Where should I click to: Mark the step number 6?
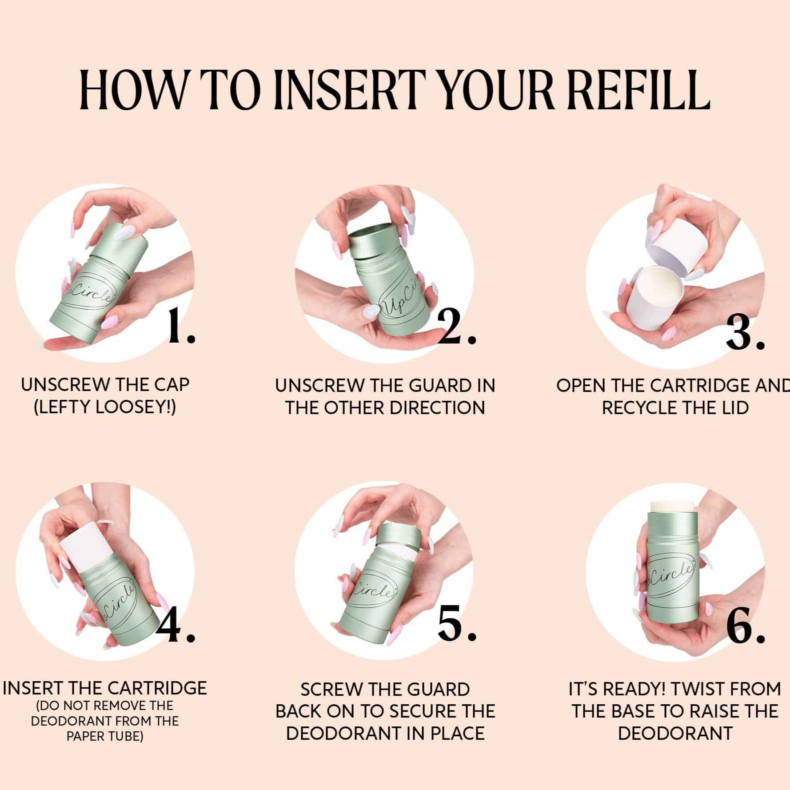coord(746,626)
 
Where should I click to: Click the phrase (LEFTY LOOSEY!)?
coord(105,407)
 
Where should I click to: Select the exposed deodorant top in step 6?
coord(671,506)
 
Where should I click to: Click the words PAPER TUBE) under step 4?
coord(105,737)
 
